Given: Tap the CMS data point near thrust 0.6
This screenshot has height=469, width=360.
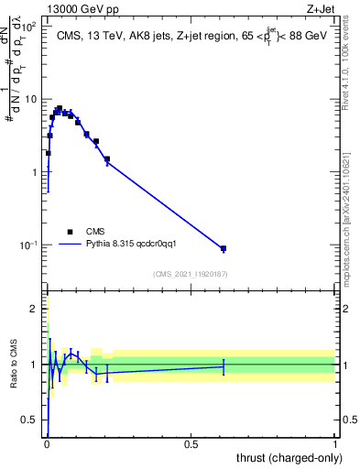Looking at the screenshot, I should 223,248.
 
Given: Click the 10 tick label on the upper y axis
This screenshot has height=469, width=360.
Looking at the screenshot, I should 29,99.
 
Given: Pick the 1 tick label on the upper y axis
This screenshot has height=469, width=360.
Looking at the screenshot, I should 33,172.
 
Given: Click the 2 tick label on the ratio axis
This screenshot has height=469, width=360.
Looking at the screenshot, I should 33,309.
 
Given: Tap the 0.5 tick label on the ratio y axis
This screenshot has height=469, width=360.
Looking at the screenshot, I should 28,420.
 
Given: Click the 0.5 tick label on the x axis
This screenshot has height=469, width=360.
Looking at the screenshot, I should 191,442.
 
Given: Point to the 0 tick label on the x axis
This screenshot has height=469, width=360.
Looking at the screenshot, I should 47,442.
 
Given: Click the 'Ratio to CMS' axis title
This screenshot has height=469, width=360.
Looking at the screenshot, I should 13,365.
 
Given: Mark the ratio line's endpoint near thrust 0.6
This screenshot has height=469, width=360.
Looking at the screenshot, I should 223,365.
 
